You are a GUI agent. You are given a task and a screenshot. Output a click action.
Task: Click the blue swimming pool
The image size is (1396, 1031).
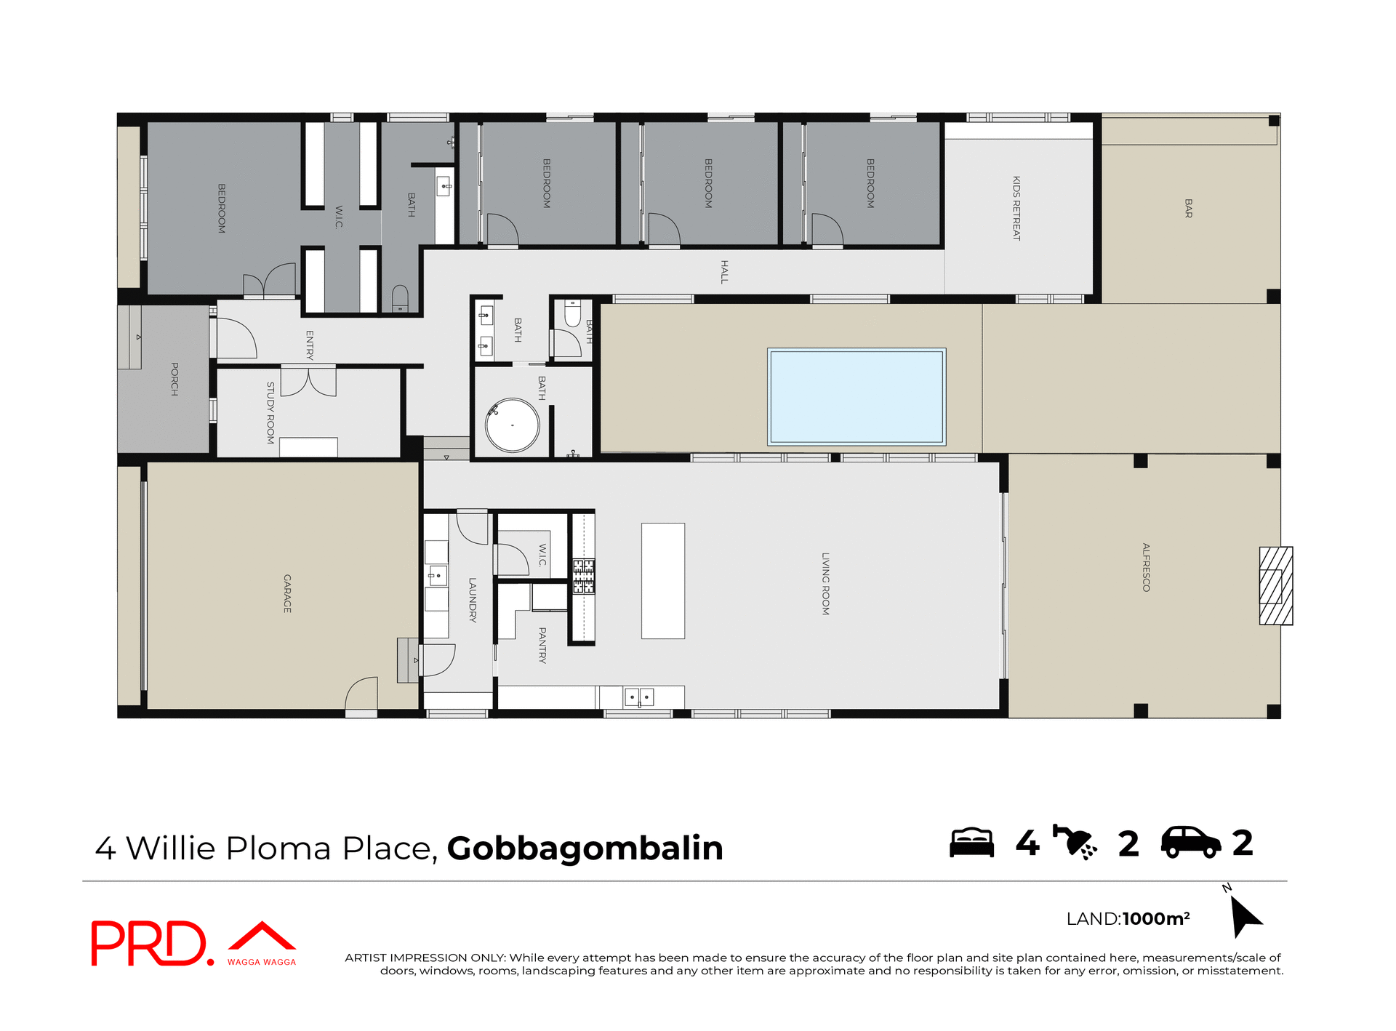point(857,396)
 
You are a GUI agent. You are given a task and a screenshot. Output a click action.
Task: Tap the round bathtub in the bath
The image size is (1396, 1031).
point(513,425)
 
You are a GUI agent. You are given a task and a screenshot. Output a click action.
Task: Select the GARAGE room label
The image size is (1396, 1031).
point(287,593)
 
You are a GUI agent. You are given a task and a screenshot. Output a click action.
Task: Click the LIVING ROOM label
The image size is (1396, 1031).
point(825,584)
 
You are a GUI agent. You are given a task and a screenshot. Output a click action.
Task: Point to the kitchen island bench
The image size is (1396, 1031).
point(662,580)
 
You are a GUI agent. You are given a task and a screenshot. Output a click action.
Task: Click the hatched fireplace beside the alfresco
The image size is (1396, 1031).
point(1275,585)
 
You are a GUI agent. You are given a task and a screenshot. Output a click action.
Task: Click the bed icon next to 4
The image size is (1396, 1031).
point(971,843)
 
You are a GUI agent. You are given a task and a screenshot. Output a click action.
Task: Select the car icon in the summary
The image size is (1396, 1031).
point(1190,843)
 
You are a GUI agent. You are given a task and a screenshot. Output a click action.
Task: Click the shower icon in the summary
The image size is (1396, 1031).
point(1075,843)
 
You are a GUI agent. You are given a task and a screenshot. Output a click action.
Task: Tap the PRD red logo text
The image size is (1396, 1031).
point(149,943)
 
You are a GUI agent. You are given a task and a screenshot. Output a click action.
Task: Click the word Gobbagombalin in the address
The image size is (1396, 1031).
point(585,848)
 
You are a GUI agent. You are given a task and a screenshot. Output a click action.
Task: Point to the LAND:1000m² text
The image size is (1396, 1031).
point(1127,918)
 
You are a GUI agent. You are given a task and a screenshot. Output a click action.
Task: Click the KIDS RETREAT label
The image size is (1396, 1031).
point(1016,208)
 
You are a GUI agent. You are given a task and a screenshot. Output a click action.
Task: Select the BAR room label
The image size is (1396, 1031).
point(1188,208)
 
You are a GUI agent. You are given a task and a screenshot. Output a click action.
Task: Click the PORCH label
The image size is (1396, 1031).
point(174,379)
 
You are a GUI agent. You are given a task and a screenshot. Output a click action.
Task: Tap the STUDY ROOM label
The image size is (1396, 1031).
point(270,412)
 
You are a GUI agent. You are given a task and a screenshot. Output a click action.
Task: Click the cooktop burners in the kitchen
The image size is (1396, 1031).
point(583,576)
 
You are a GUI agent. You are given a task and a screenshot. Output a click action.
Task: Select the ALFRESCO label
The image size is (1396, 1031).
point(1146,567)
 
